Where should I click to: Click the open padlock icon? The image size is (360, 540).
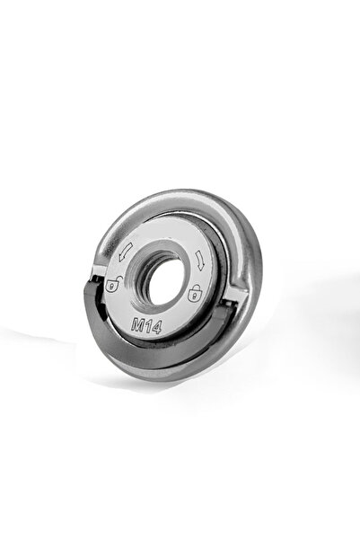[x=114, y=284]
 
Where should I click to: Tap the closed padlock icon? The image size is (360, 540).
[x=195, y=292]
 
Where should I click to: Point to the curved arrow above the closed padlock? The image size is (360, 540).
[x=200, y=260]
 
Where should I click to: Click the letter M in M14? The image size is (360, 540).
[x=137, y=323]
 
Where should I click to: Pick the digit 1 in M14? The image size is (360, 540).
[x=147, y=326]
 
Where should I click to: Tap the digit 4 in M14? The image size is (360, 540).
[x=155, y=328]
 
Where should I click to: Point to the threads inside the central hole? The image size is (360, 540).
[x=139, y=276]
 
